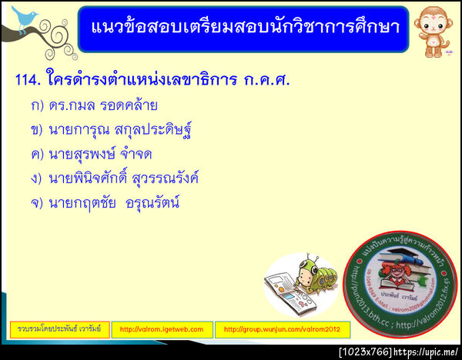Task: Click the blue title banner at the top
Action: coord(243,28)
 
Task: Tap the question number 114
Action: coord(28,79)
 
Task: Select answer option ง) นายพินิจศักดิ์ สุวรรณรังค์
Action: coord(115,178)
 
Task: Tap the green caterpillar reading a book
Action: coord(312,272)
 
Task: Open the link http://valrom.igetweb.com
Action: coord(162,329)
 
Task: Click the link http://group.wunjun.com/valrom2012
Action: coord(282,329)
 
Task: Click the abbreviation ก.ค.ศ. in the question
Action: coord(267,79)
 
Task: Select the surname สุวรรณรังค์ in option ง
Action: coord(162,178)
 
